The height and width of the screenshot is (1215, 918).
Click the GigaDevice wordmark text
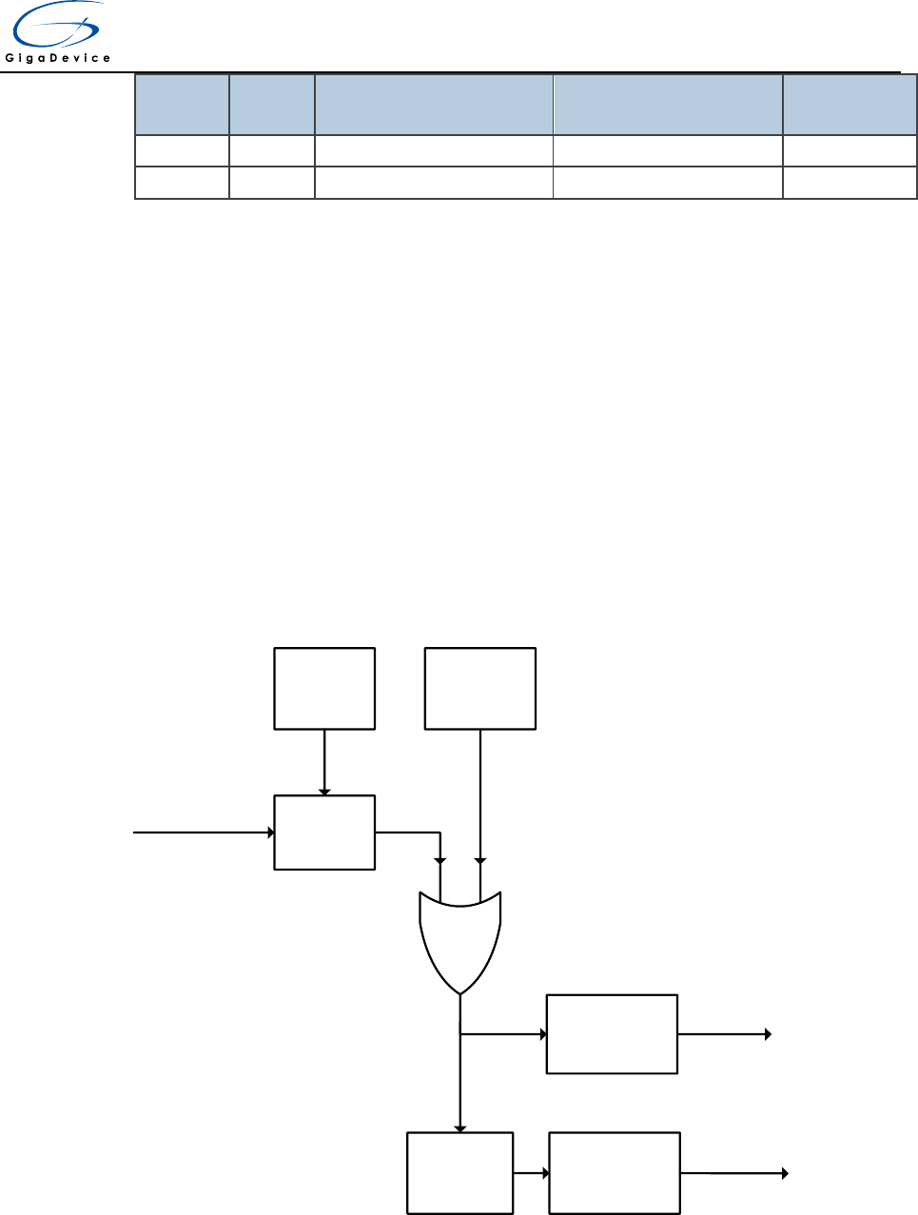pyautogui.click(x=58, y=58)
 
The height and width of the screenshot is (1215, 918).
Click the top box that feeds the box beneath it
pyautogui.click(x=324, y=688)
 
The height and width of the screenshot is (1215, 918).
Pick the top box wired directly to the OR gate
pyautogui.click(x=480, y=688)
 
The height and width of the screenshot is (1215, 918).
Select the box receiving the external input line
pyautogui.click(x=324, y=832)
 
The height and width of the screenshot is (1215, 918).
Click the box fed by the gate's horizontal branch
pyautogui.click(x=612, y=1034)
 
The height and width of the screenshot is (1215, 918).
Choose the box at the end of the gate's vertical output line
pyautogui.click(x=459, y=1172)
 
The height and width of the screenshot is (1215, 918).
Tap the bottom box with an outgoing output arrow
pyautogui.click(x=615, y=1172)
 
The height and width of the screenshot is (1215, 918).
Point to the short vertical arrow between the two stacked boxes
pyautogui.click(x=324, y=761)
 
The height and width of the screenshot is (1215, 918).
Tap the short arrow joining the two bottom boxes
pyautogui.click(x=531, y=1173)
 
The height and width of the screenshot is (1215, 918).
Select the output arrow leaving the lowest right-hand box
pyautogui.click(x=733, y=1173)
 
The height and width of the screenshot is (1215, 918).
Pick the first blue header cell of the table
pyautogui.click(x=182, y=105)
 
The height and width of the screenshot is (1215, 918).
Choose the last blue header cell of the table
pyautogui.click(x=850, y=105)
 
